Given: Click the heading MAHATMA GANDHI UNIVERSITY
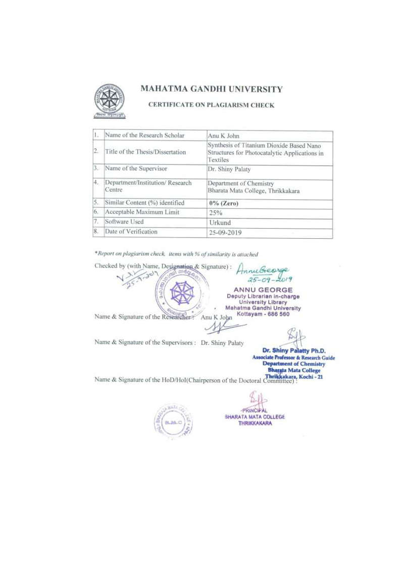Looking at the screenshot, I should click(211, 90).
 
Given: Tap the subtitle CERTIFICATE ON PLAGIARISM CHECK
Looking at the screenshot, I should click(211, 105).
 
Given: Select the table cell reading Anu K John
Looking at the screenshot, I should click(220, 136).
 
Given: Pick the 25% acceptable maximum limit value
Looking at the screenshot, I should click(216, 213).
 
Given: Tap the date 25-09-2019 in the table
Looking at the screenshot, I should click(225, 233).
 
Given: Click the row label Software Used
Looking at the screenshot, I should click(124, 222).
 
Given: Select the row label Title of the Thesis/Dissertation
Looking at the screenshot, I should click(145, 152).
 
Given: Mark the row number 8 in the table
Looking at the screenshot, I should click(95, 232).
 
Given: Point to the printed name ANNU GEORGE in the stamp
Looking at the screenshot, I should click(263, 290).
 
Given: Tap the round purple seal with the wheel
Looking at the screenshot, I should click(180, 293).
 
